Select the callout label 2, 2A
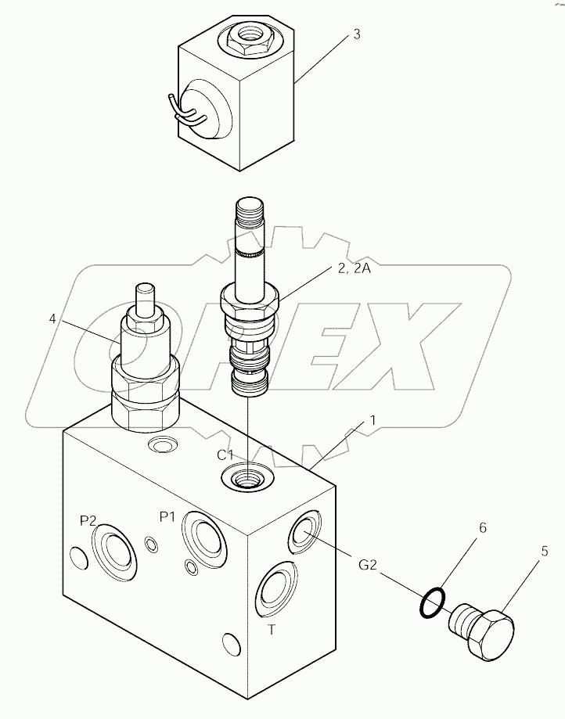tap(354, 269)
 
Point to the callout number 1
tap(373, 420)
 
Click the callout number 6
tap(483, 528)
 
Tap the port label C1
tap(226, 455)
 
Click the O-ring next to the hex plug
tap(433, 602)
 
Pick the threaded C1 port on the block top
tap(249, 476)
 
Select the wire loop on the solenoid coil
tap(186, 114)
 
